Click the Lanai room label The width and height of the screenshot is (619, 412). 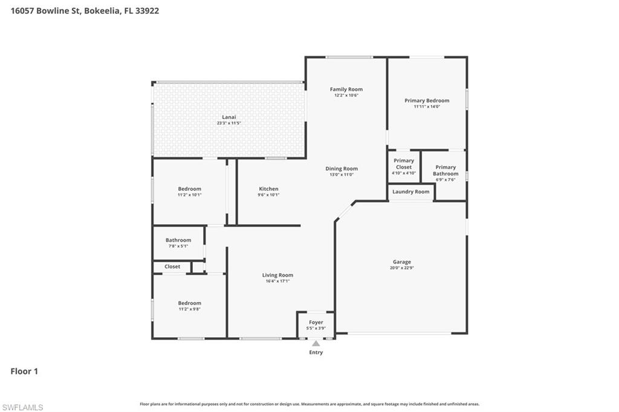(228, 117)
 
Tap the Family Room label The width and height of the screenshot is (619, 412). (346, 89)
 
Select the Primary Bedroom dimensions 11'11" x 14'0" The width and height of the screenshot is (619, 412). (427, 106)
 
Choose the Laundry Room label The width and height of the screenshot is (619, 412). (411, 192)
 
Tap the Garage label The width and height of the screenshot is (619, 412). (402, 262)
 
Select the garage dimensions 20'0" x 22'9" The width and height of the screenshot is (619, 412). (402, 268)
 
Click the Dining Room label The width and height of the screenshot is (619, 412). (342, 169)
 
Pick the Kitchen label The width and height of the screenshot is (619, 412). (268, 188)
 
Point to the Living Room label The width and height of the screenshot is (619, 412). (277, 275)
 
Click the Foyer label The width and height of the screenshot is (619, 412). (316, 323)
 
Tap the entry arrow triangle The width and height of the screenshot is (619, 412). (316, 343)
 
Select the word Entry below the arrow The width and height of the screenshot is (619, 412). (316, 352)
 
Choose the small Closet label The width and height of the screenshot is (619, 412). (172, 266)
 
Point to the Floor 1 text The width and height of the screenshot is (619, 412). (24, 372)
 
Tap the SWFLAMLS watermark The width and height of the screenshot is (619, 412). (23, 407)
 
